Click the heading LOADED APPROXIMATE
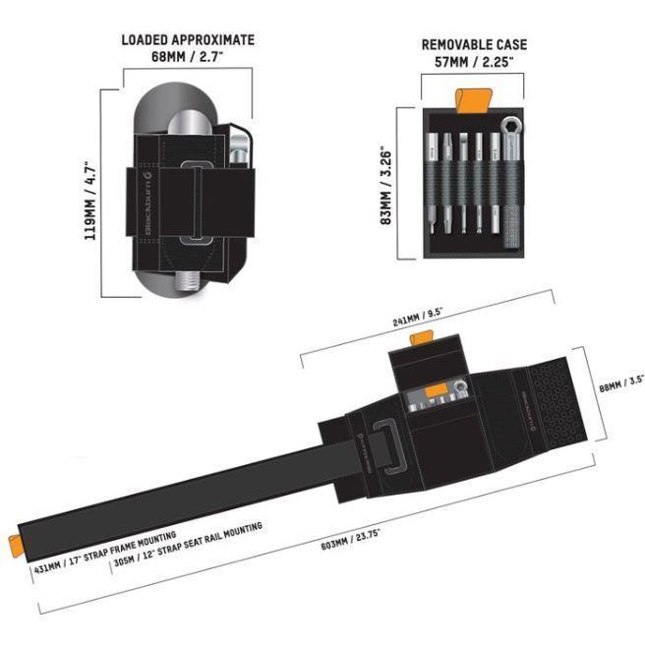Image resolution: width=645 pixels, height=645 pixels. click(188, 40)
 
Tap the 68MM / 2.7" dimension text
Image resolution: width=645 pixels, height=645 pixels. click(188, 57)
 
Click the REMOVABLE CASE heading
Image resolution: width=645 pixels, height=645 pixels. click(474, 44)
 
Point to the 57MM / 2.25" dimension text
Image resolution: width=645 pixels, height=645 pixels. click(474, 61)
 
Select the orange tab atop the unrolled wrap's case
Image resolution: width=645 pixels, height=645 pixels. click(423, 339)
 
